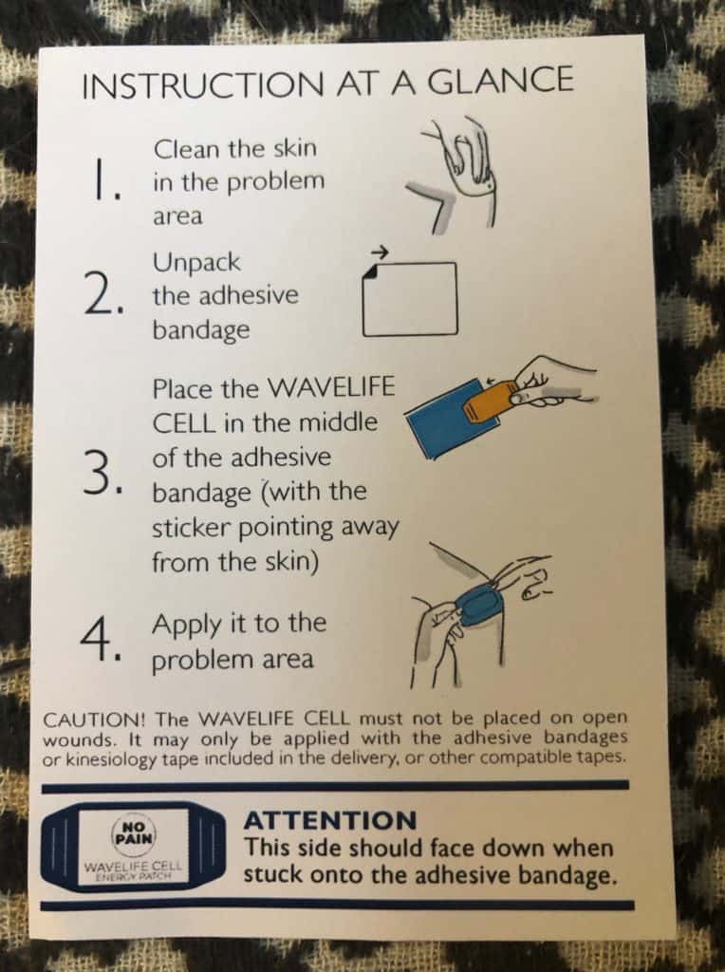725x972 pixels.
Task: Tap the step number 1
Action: [x=102, y=179]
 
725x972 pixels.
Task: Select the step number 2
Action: [x=102, y=295]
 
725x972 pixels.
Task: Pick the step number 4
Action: [x=100, y=640]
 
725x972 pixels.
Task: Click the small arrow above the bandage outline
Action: [x=380, y=252]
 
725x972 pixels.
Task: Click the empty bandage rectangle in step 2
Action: [x=410, y=299]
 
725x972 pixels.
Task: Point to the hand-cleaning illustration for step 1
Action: [x=452, y=175]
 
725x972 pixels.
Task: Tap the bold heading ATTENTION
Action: [x=330, y=821]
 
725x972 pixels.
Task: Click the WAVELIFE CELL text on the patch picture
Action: [x=133, y=866]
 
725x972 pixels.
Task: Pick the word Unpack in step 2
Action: [x=196, y=263]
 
